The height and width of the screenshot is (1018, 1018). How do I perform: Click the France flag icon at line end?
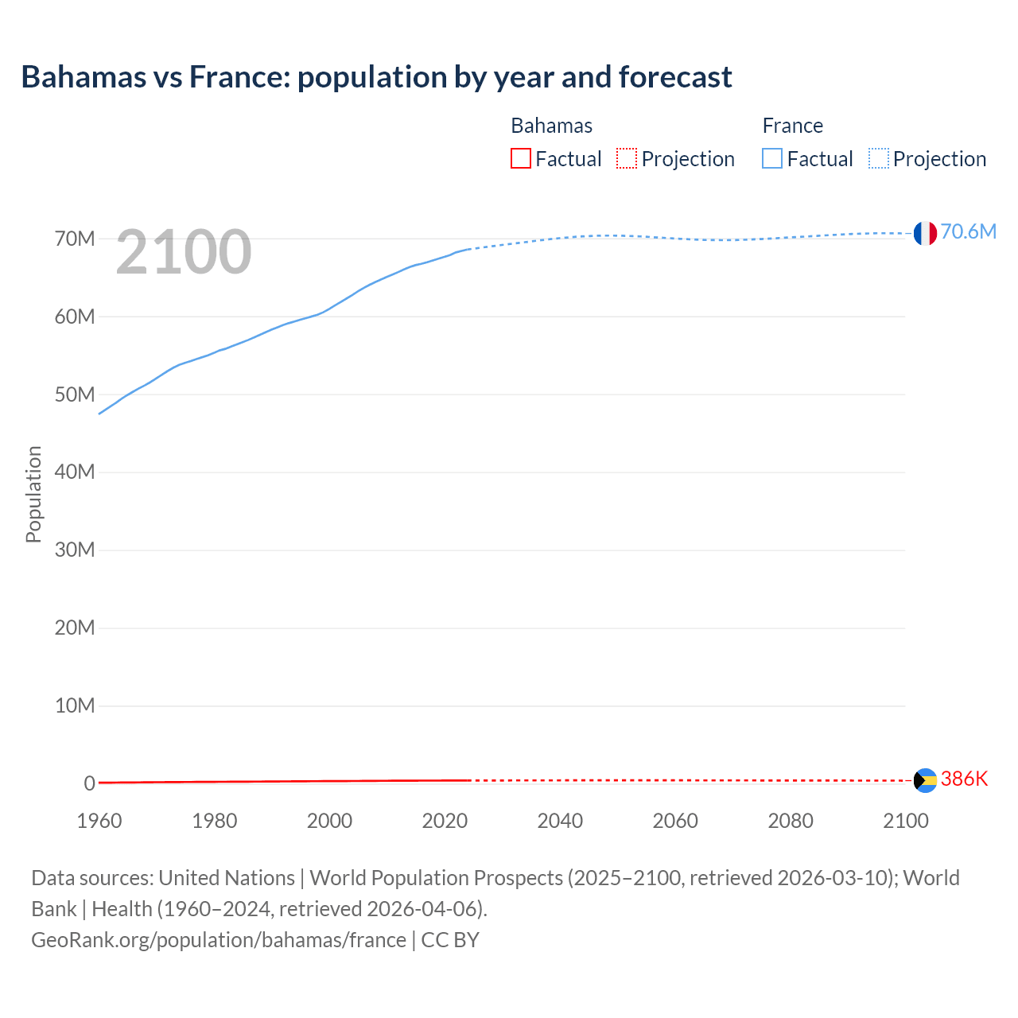click(925, 233)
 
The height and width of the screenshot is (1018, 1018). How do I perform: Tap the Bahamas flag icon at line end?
click(925, 780)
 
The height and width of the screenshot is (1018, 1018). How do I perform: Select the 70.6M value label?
click(968, 231)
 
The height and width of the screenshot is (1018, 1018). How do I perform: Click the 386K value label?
click(964, 779)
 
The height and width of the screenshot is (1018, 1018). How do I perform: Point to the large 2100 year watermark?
click(184, 252)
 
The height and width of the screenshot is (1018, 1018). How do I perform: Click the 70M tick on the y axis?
click(75, 239)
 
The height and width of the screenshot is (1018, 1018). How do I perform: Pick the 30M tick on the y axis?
click(75, 550)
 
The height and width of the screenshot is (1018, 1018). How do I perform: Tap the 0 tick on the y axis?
click(89, 783)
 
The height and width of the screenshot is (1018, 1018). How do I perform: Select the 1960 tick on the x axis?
click(99, 821)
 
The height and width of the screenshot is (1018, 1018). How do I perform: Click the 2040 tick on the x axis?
click(560, 821)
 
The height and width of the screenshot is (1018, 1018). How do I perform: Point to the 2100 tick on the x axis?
click(905, 821)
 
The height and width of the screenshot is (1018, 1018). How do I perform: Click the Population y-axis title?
click(33, 494)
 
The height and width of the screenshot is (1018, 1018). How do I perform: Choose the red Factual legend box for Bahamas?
click(520, 158)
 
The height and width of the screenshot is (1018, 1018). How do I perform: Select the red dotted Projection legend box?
click(627, 158)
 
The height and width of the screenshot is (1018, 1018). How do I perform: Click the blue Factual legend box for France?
click(771, 158)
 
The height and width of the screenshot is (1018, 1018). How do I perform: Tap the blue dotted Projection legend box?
click(879, 158)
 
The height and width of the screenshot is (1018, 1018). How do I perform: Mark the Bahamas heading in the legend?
click(551, 126)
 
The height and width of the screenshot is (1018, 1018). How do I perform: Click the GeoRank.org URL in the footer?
click(219, 940)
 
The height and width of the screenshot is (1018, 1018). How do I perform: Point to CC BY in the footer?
click(450, 940)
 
